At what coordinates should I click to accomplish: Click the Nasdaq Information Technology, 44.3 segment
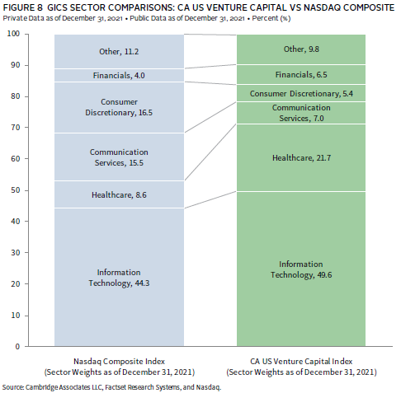[119, 277]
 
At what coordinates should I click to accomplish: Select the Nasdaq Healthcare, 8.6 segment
[119, 194]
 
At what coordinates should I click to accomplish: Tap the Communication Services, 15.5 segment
[119, 157]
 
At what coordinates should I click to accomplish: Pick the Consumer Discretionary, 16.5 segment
[119, 107]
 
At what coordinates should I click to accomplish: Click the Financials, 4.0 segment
[119, 75]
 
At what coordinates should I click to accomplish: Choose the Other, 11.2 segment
[119, 51]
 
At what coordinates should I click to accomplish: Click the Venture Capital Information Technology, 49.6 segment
[301, 269]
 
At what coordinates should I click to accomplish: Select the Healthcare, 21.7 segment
[301, 157]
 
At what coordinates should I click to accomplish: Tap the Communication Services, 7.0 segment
[301, 113]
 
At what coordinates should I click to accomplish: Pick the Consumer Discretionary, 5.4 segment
[301, 93]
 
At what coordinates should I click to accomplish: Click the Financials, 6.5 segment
[301, 74]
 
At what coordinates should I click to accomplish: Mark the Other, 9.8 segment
[301, 49]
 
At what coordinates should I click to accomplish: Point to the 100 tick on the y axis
[26, 34]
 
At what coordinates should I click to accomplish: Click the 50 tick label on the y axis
[16, 190]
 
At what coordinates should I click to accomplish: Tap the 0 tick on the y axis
[26, 346]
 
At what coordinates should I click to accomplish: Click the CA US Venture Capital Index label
[301, 362]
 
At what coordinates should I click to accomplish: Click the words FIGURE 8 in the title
[23, 7]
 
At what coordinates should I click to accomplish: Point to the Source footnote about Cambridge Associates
[111, 387]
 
